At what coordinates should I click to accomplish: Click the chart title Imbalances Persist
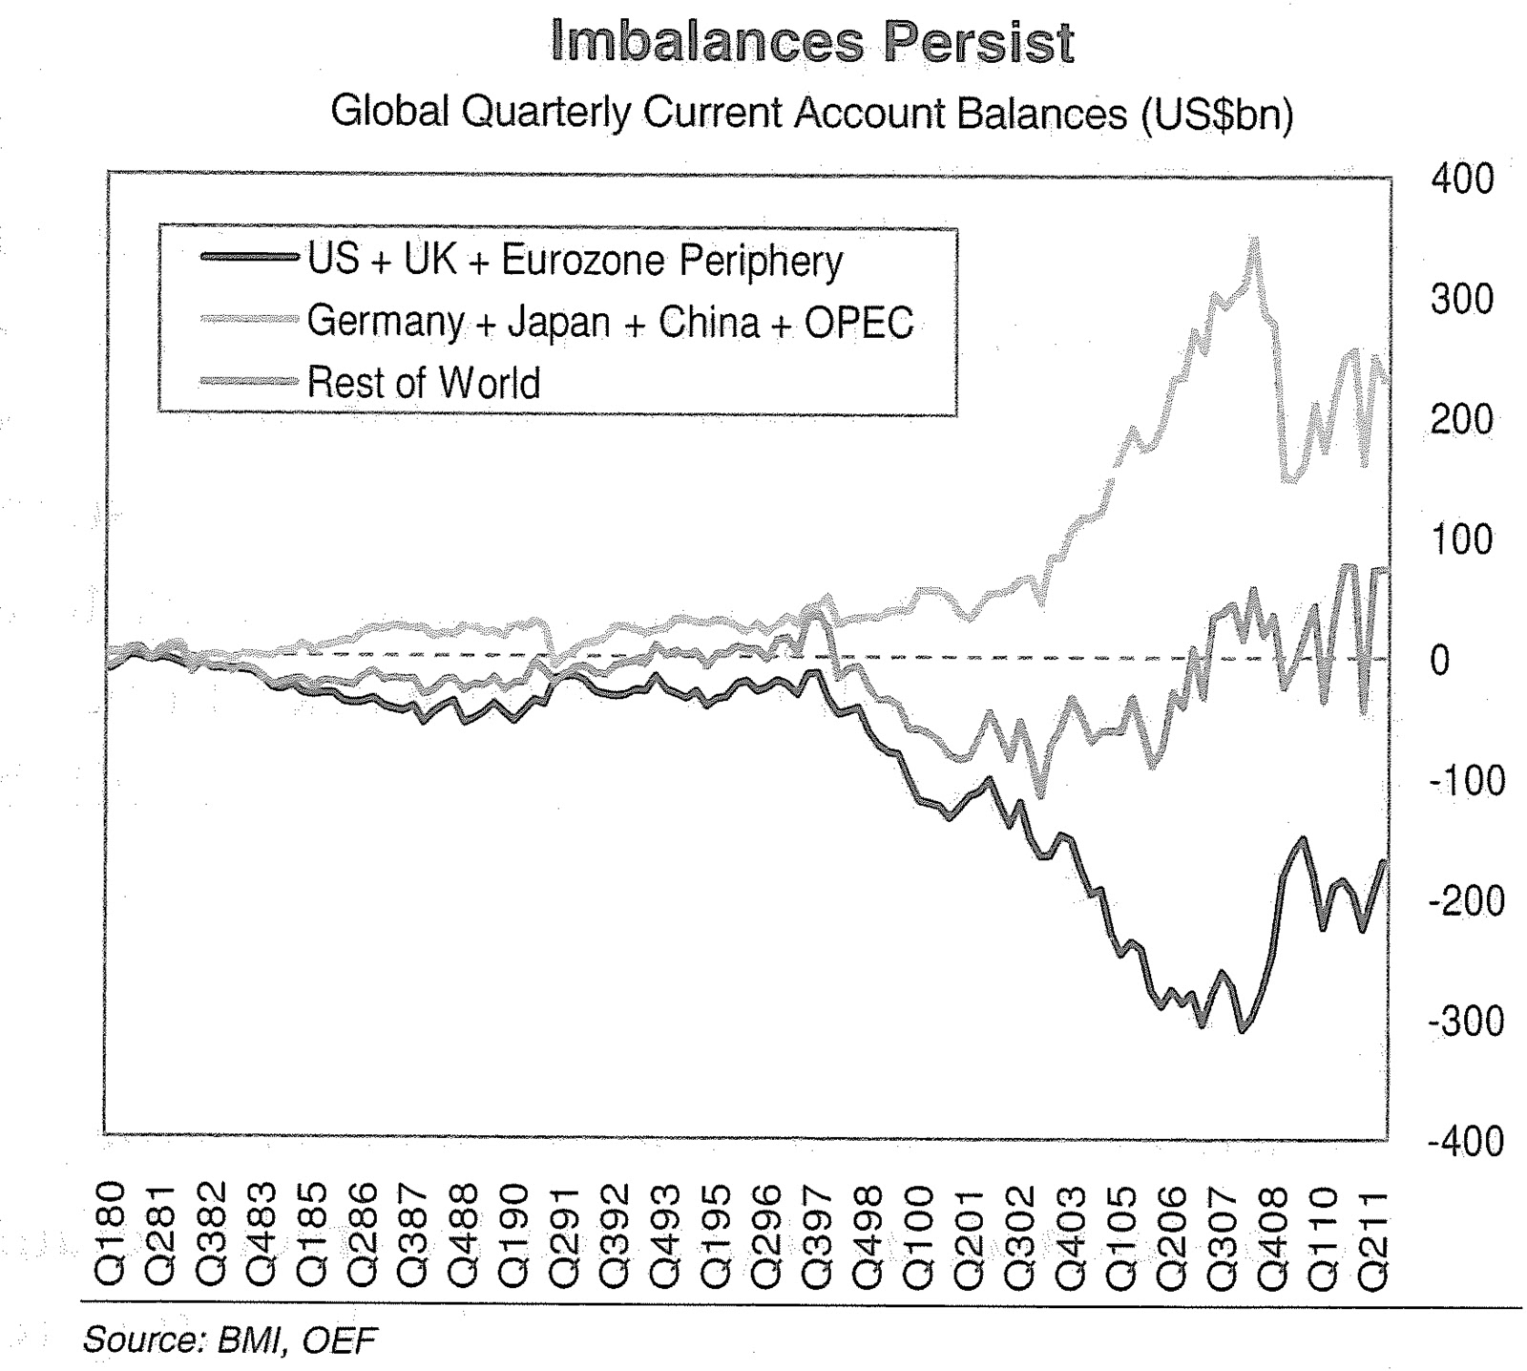click(812, 42)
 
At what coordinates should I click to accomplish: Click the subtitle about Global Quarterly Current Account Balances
click(811, 114)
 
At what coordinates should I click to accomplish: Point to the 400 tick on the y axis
click(1461, 179)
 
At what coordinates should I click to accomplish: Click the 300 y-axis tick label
click(1461, 300)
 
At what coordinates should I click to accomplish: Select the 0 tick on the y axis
click(1439, 661)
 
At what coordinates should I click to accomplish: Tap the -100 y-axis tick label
click(1465, 781)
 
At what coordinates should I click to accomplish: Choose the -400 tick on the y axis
click(1465, 1142)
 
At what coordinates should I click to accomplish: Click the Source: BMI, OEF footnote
click(230, 1340)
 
